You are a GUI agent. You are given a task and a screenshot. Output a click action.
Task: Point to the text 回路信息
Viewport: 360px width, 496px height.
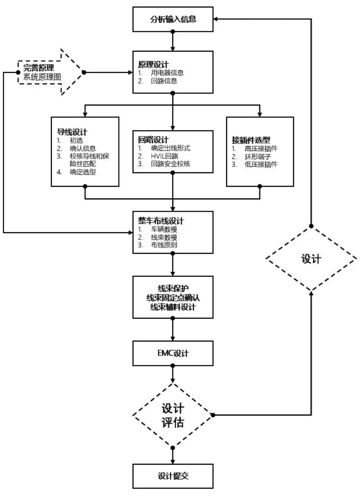pyautogui.click(x=164, y=81)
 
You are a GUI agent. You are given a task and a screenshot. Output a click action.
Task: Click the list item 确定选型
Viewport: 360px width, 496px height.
pyautogui.click(x=83, y=172)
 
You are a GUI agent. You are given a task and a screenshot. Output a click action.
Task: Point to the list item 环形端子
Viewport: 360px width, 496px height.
pyautogui.click(x=256, y=156)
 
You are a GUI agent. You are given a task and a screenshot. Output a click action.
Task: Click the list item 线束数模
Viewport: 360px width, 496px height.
pyautogui.click(x=164, y=237)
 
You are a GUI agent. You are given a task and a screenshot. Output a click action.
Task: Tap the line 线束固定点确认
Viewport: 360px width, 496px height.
pyautogui.click(x=173, y=297)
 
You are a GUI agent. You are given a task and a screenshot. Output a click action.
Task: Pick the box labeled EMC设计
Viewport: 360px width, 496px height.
pyautogui.click(x=173, y=353)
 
